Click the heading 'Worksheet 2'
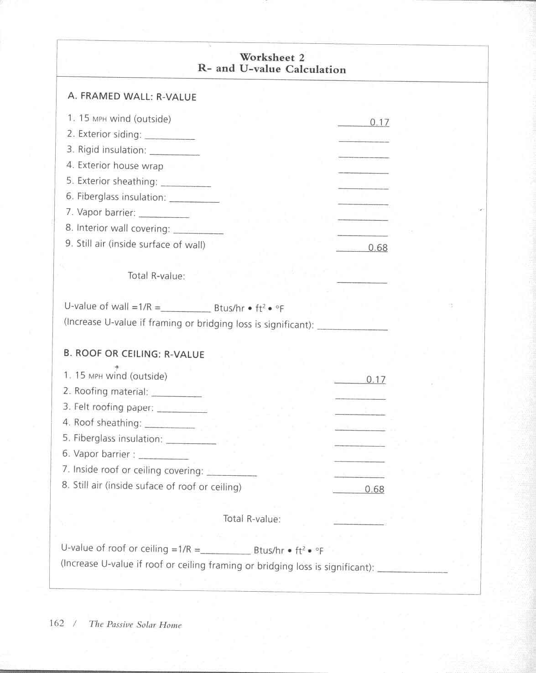pos(272,58)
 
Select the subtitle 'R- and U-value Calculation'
pos(272,69)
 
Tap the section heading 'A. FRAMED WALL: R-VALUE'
pos(132,97)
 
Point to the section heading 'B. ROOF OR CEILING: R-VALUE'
pos(134,354)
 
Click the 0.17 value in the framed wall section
pos(379,122)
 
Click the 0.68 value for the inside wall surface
pos(378,247)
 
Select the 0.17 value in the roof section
pos(375,379)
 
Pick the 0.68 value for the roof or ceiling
pos(374,489)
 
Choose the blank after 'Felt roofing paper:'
pos(182,410)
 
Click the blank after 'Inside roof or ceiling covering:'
pos(232,473)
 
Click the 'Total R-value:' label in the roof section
pos(252,519)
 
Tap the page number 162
pos(57,623)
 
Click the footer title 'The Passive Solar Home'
pos(135,625)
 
